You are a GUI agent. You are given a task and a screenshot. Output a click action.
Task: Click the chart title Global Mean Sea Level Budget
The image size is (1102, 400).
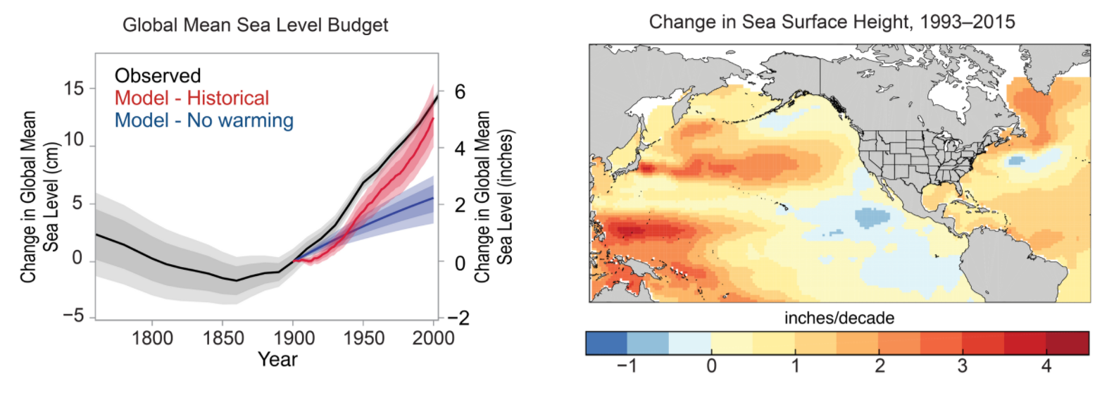pyautogui.click(x=256, y=25)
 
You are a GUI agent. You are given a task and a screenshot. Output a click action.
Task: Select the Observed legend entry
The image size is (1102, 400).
pyautogui.click(x=158, y=75)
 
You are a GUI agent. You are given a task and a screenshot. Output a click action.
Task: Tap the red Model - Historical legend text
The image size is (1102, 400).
pyautogui.click(x=192, y=98)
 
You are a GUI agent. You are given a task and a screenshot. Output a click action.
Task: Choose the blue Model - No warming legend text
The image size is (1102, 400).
pyautogui.click(x=204, y=120)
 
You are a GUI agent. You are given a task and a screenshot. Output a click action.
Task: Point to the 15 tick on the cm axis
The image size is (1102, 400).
pyautogui.click(x=73, y=89)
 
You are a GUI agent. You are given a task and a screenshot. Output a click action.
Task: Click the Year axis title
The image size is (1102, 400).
pyautogui.click(x=277, y=360)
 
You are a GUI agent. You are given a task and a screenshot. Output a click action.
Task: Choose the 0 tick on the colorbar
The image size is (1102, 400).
pyautogui.click(x=711, y=367)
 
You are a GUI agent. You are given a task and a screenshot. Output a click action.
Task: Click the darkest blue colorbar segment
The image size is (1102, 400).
pyautogui.click(x=606, y=342)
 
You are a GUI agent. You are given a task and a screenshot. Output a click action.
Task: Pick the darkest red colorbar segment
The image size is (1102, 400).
pyautogui.click(x=1066, y=342)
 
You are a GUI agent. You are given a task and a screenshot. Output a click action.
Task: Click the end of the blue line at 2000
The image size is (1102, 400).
pyautogui.click(x=433, y=198)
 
